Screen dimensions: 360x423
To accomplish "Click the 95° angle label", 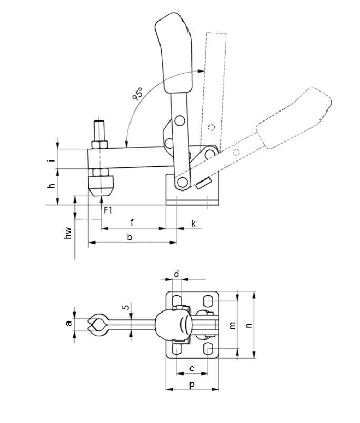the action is click(137, 94).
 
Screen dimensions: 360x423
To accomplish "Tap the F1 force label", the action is click(108, 210).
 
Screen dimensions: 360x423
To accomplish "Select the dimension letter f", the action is click(132, 223).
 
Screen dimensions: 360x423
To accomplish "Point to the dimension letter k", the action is click(193, 224).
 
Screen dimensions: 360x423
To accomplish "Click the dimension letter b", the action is click(129, 237).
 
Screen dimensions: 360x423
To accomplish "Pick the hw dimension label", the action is click(68, 233).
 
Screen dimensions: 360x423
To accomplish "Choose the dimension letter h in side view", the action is click(51, 186).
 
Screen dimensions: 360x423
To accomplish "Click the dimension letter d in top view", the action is click(176, 274).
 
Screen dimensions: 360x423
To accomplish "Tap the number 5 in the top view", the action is click(126, 307).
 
